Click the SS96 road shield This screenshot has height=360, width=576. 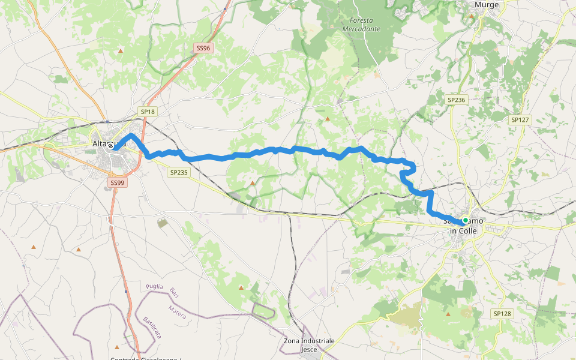(x=203, y=48)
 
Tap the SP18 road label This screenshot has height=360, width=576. (x=148, y=112)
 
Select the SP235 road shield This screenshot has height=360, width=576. (x=179, y=172)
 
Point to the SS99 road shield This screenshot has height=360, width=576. (x=117, y=182)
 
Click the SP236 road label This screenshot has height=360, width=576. (x=457, y=100)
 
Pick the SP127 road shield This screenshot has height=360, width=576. (x=520, y=120)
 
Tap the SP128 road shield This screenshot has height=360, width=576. (x=502, y=314)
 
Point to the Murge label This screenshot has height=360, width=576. (x=487, y=4)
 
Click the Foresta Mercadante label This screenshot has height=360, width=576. (x=361, y=24)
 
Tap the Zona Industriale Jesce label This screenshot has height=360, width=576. (x=309, y=344)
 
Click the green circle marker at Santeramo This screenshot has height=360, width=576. (x=465, y=220)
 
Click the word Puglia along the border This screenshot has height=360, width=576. (x=155, y=287)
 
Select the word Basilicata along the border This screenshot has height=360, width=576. (x=152, y=327)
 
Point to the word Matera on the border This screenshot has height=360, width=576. (x=177, y=311)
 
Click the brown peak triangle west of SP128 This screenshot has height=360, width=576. (x=448, y=314)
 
